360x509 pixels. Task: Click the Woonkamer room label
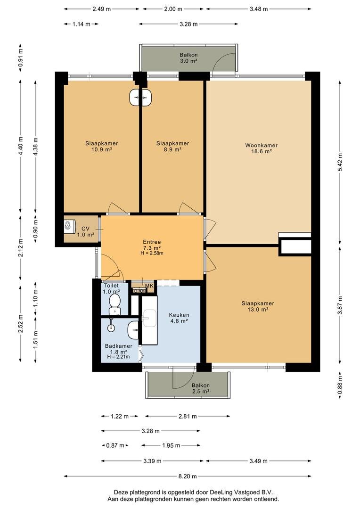click(x=261, y=148)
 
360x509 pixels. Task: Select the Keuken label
click(x=179, y=318)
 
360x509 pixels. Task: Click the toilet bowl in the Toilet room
click(x=115, y=301)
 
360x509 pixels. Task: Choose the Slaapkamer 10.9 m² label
click(x=101, y=146)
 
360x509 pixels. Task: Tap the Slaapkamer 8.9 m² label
click(x=172, y=146)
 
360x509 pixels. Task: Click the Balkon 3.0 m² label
click(x=188, y=57)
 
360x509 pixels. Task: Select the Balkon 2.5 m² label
click(x=200, y=388)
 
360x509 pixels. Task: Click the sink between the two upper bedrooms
click(x=140, y=98)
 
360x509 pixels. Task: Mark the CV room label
click(x=85, y=231)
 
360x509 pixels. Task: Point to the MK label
click(x=149, y=286)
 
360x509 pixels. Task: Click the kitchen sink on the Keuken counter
click(x=149, y=318)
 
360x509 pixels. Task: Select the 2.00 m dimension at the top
click(x=173, y=9)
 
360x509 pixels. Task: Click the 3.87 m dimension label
click(x=340, y=305)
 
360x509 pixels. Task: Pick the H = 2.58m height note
click(x=151, y=253)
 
